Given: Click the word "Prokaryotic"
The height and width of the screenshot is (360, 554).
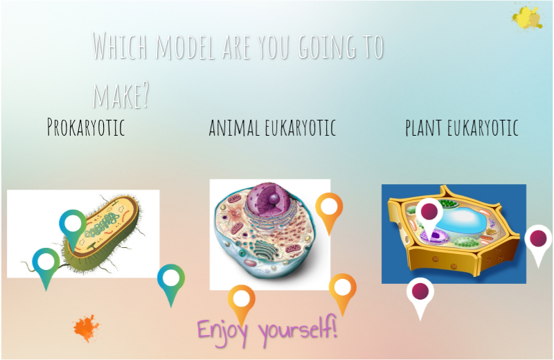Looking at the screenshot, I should point(86,127).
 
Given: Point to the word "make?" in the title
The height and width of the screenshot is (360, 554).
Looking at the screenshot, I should point(120,94).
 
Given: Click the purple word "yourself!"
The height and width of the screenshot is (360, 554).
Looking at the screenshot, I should point(298,327).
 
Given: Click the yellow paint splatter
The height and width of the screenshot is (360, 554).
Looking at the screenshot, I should point(528,17).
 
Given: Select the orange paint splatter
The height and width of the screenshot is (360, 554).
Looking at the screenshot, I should point(86,328).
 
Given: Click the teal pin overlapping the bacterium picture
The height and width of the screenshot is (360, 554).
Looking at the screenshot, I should point(73,223).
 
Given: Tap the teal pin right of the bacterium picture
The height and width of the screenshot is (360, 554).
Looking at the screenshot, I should point(170,278).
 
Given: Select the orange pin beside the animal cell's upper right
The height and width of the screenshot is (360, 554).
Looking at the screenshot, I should point(329,207).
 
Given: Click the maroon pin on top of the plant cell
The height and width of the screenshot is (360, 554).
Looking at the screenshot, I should point(429,212).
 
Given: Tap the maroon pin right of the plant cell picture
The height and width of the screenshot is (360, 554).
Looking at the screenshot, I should point(538,239).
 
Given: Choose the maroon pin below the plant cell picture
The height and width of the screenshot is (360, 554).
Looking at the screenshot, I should point(420,291).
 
